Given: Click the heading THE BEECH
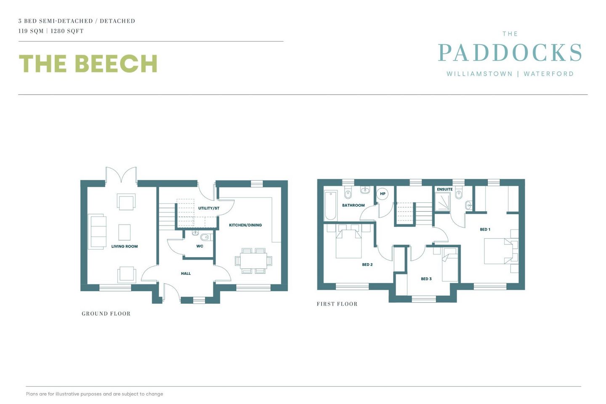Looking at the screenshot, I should [88, 64].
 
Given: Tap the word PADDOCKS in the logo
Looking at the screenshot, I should [510, 53].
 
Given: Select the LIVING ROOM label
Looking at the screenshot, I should [125, 247].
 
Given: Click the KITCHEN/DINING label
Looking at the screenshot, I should [245, 225].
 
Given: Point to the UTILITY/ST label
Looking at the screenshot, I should [209, 208].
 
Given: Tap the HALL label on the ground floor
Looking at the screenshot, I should [186, 274].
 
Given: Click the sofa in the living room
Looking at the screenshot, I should [97, 231].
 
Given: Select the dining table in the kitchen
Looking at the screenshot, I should [253, 261].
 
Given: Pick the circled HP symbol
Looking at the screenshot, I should [383, 194].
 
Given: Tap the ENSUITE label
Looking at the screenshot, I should [444, 189].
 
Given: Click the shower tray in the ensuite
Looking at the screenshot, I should [443, 203].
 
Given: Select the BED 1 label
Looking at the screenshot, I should [485, 229].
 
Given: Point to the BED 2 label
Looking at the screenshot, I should [367, 265].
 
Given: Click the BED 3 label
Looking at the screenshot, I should [426, 279].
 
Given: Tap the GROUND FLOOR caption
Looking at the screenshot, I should [106, 314].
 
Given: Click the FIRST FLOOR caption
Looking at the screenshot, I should [337, 304].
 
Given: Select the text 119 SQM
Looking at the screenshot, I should [31, 31].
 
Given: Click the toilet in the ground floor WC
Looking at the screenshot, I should [205, 237].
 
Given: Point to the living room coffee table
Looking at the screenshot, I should [125, 232].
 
